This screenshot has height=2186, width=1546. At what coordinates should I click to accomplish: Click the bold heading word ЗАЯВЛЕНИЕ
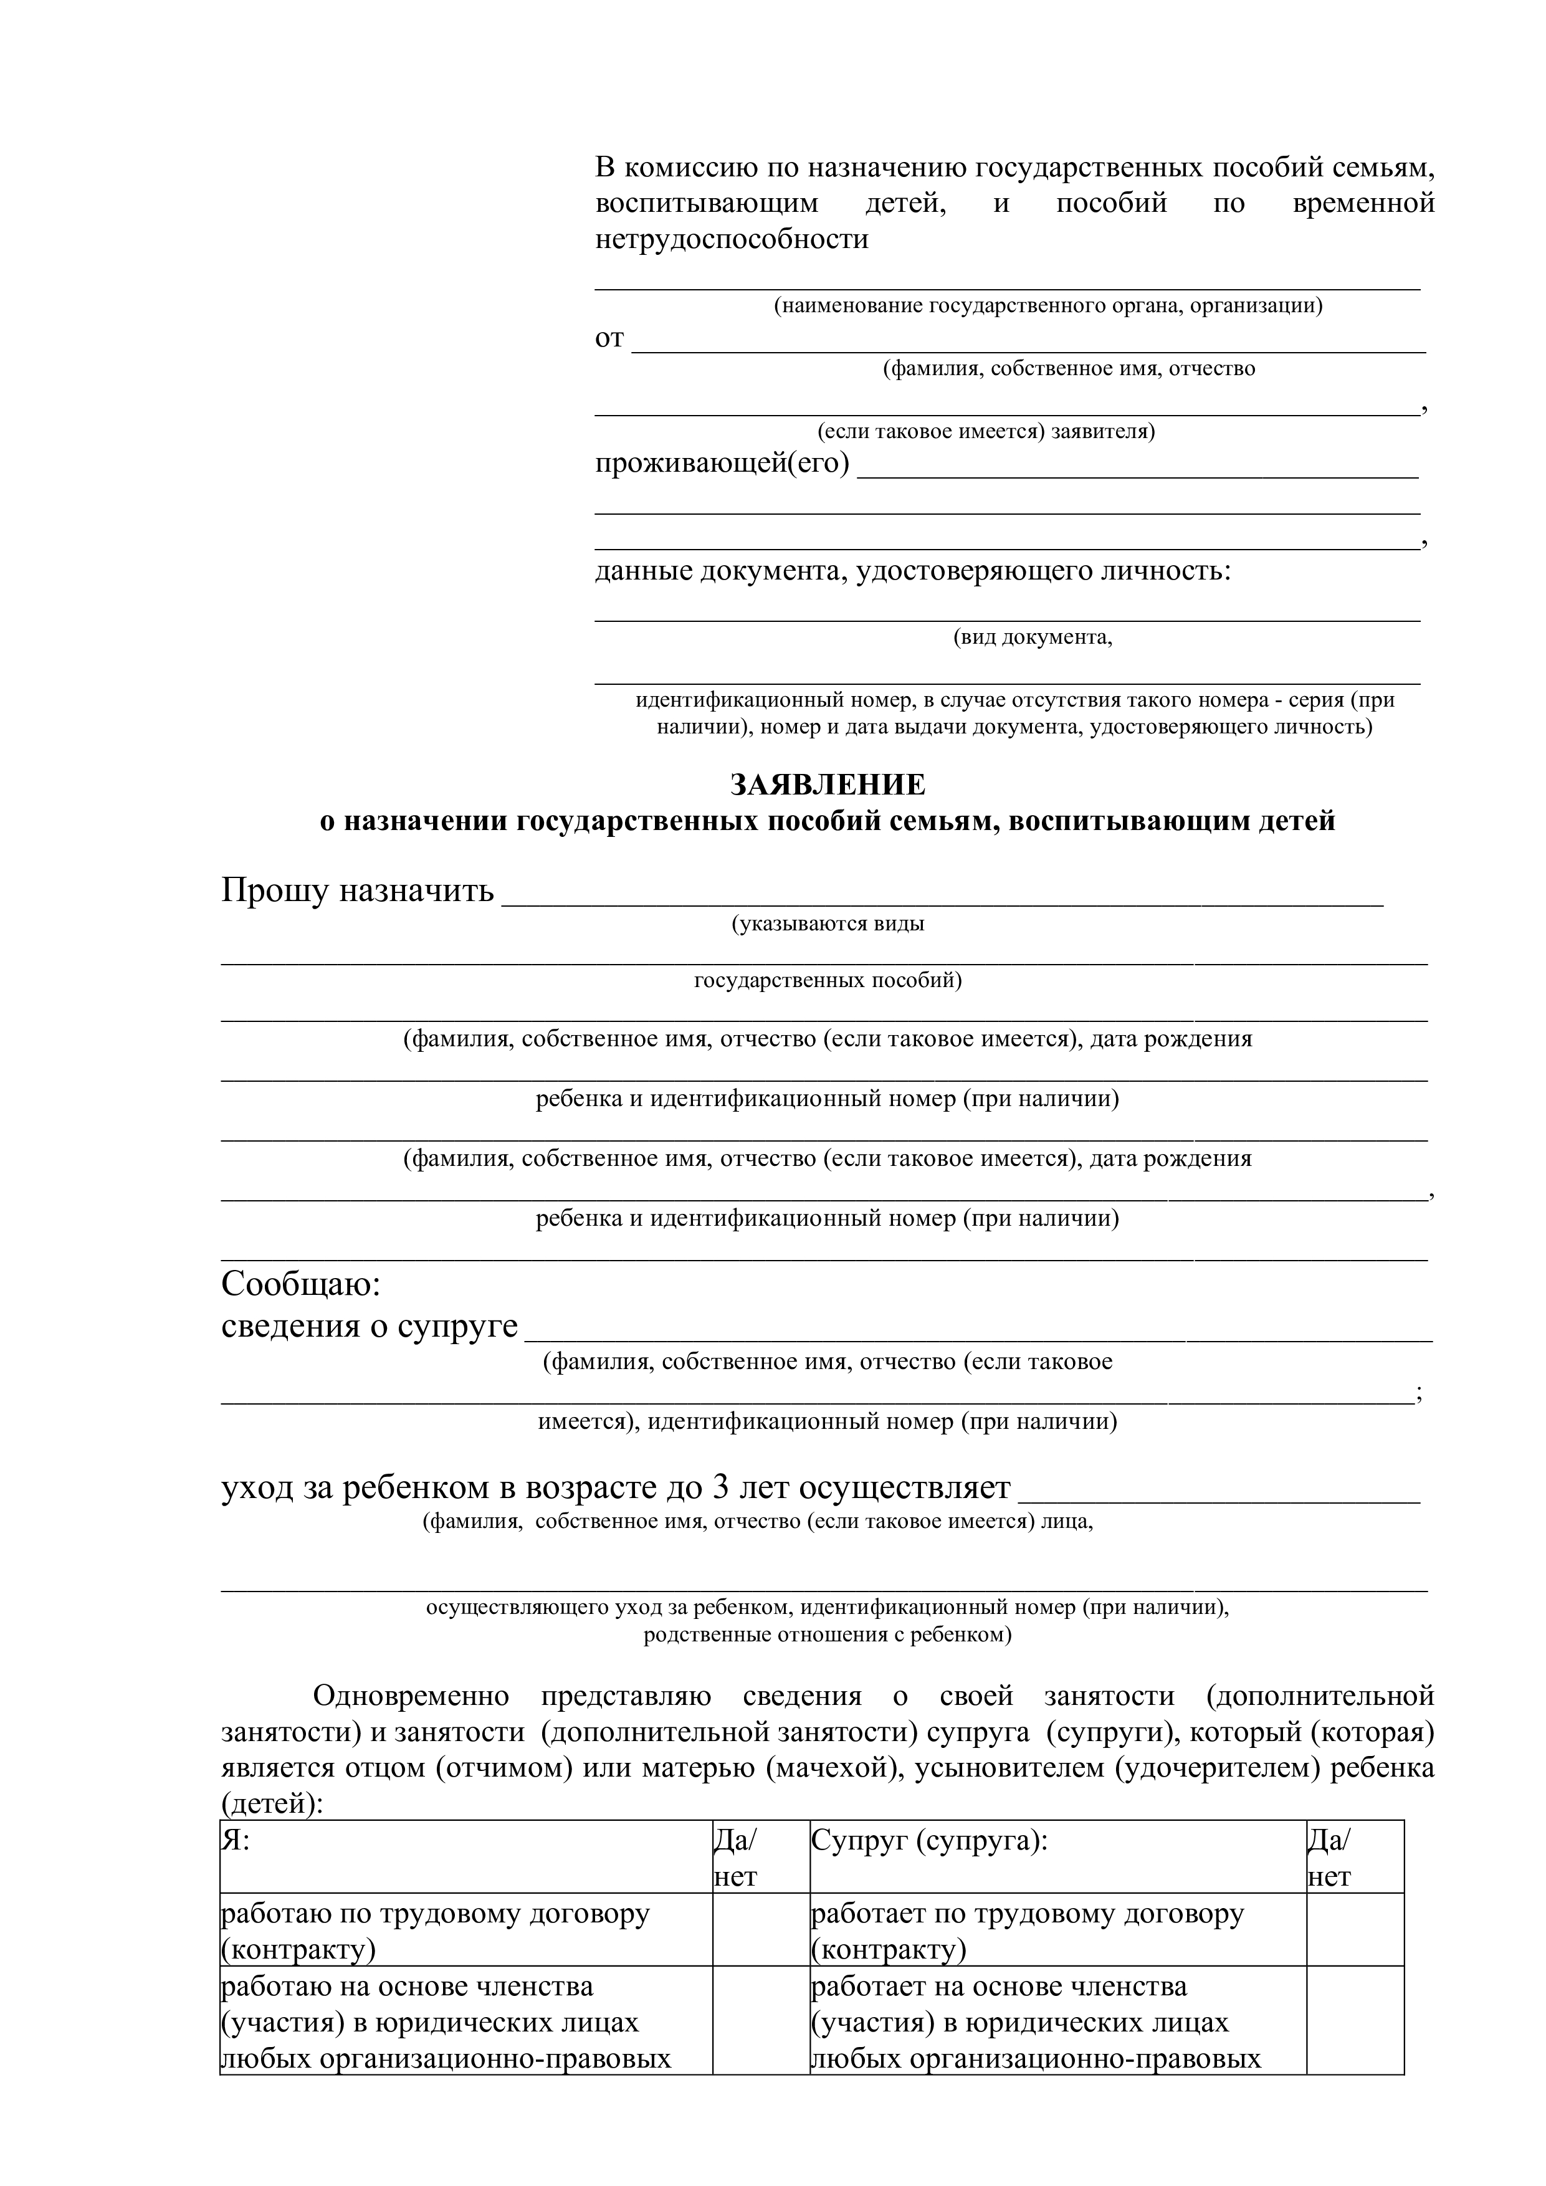[x=828, y=785]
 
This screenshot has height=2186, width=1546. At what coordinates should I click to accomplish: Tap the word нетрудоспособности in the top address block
[x=732, y=238]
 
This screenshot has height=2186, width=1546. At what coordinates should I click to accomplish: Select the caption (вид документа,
[x=1032, y=637]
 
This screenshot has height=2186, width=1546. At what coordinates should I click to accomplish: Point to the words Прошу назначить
[x=357, y=890]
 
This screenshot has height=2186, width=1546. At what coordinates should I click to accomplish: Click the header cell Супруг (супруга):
[x=929, y=1840]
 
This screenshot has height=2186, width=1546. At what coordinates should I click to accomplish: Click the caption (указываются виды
[x=828, y=924]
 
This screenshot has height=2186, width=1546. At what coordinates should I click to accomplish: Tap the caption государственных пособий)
[x=828, y=981]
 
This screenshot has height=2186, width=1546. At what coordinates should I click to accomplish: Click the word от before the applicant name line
[x=609, y=338]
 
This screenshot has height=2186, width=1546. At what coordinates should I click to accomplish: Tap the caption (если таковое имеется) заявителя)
[x=986, y=431]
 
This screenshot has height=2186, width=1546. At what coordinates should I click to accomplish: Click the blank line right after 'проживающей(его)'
[x=1138, y=469]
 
